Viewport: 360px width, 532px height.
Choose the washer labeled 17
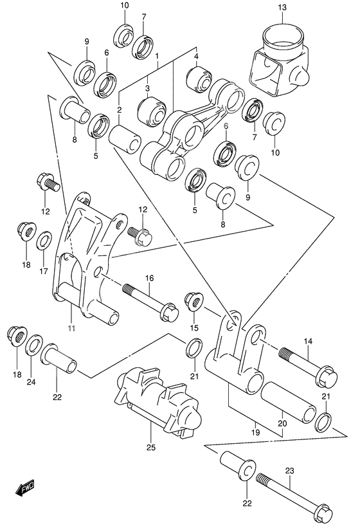click(44, 242)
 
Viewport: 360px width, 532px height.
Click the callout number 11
click(71, 329)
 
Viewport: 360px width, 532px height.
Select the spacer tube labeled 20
click(289, 398)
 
